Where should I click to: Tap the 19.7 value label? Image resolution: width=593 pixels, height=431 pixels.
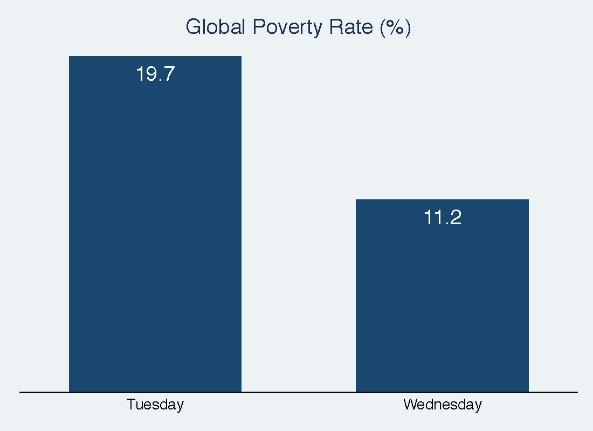click(x=155, y=74)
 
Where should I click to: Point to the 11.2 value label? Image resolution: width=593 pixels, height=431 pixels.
click(x=442, y=218)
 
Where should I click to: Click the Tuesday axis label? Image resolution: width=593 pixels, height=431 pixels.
click(x=155, y=404)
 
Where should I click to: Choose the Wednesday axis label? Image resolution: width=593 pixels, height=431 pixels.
click(x=442, y=404)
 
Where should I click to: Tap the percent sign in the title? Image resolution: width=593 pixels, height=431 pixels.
click(x=396, y=27)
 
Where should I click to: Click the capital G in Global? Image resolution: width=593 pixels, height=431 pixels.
click(x=193, y=27)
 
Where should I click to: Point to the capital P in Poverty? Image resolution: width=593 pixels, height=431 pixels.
click(x=259, y=27)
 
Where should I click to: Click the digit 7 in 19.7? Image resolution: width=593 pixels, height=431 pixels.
click(x=169, y=74)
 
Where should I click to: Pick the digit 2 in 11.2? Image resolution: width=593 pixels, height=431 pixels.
click(x=456, y=218)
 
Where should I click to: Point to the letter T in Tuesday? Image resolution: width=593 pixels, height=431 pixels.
click(x=130, y=404)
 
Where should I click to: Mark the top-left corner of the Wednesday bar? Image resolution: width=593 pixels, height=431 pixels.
click(x=356, y=200)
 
